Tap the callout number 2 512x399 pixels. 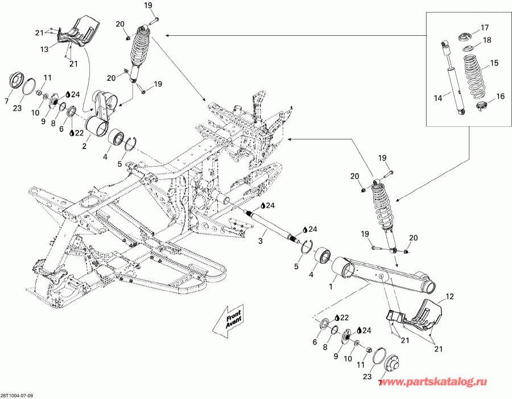tap(85, 146)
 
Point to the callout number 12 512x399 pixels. tap(449, 297)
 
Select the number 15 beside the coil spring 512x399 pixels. tap(494, 63)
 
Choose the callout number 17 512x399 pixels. tap(484, 27)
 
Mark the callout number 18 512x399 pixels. tap(487, 40)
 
